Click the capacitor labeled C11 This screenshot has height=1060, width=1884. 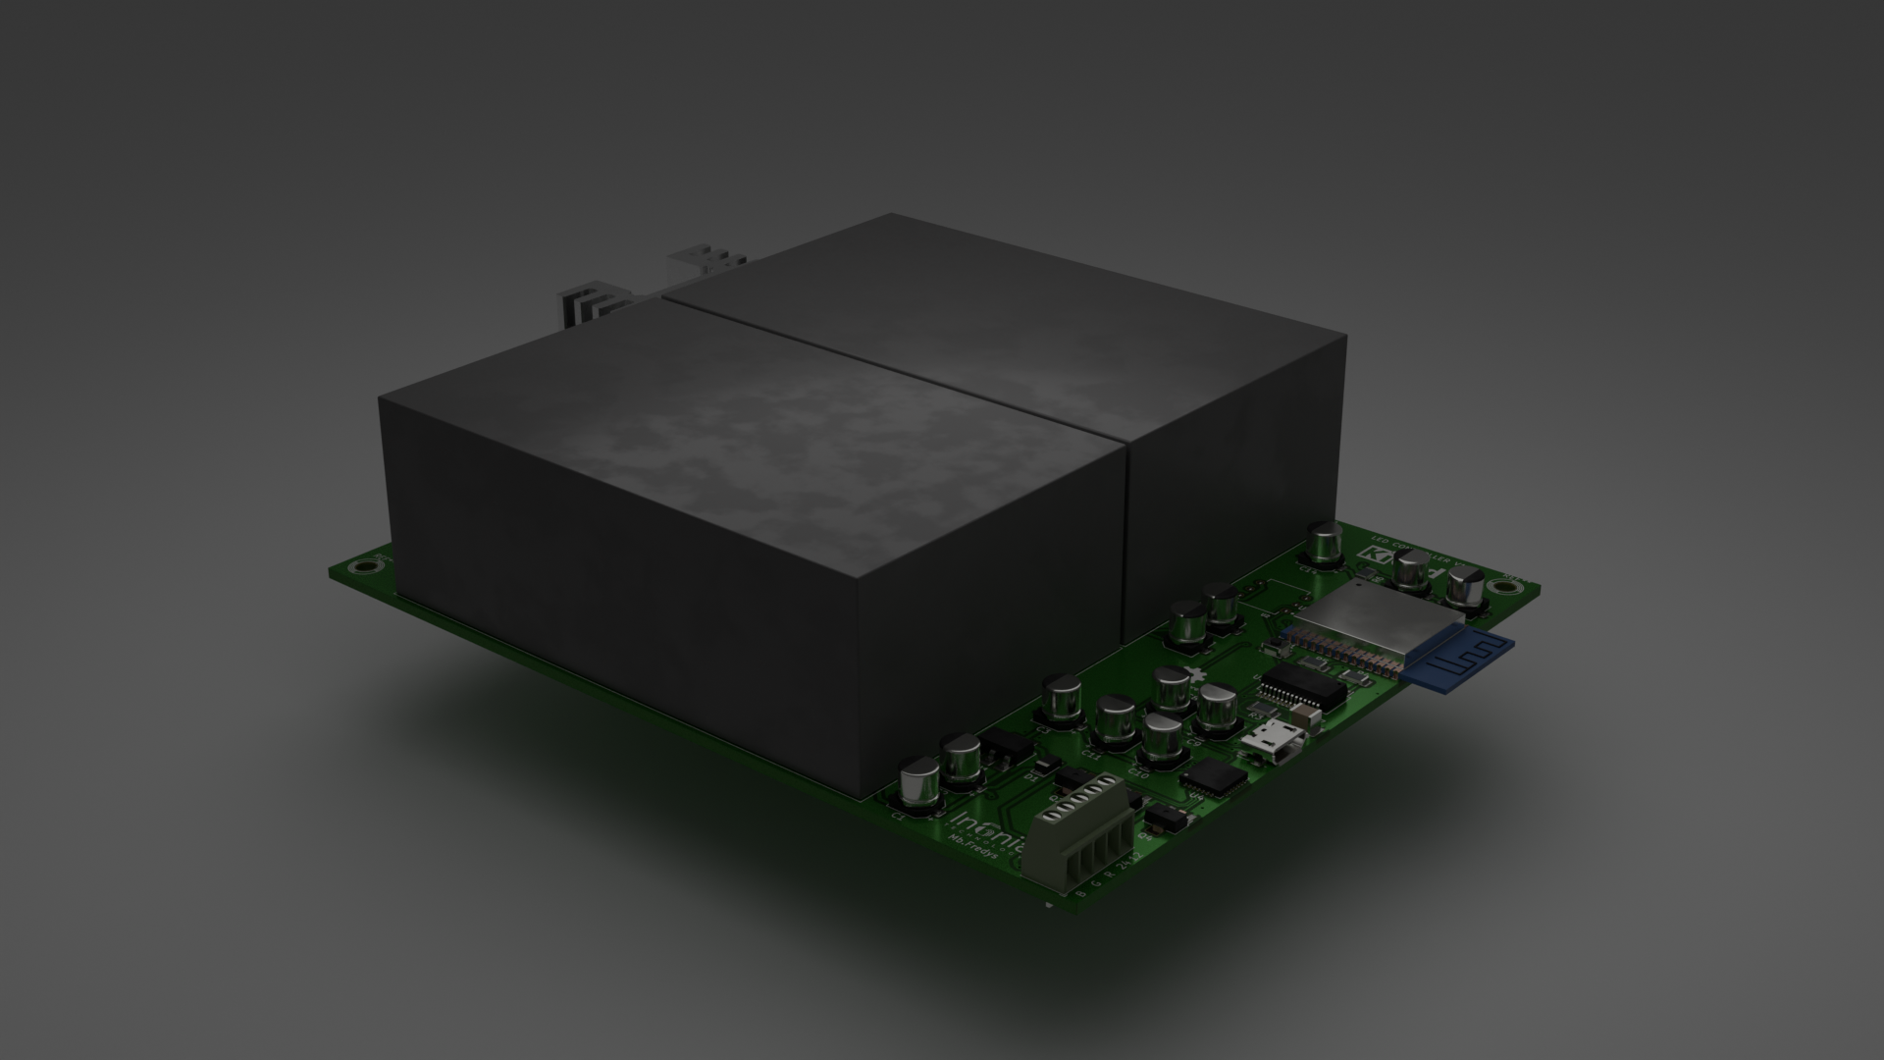point(1115,720)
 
